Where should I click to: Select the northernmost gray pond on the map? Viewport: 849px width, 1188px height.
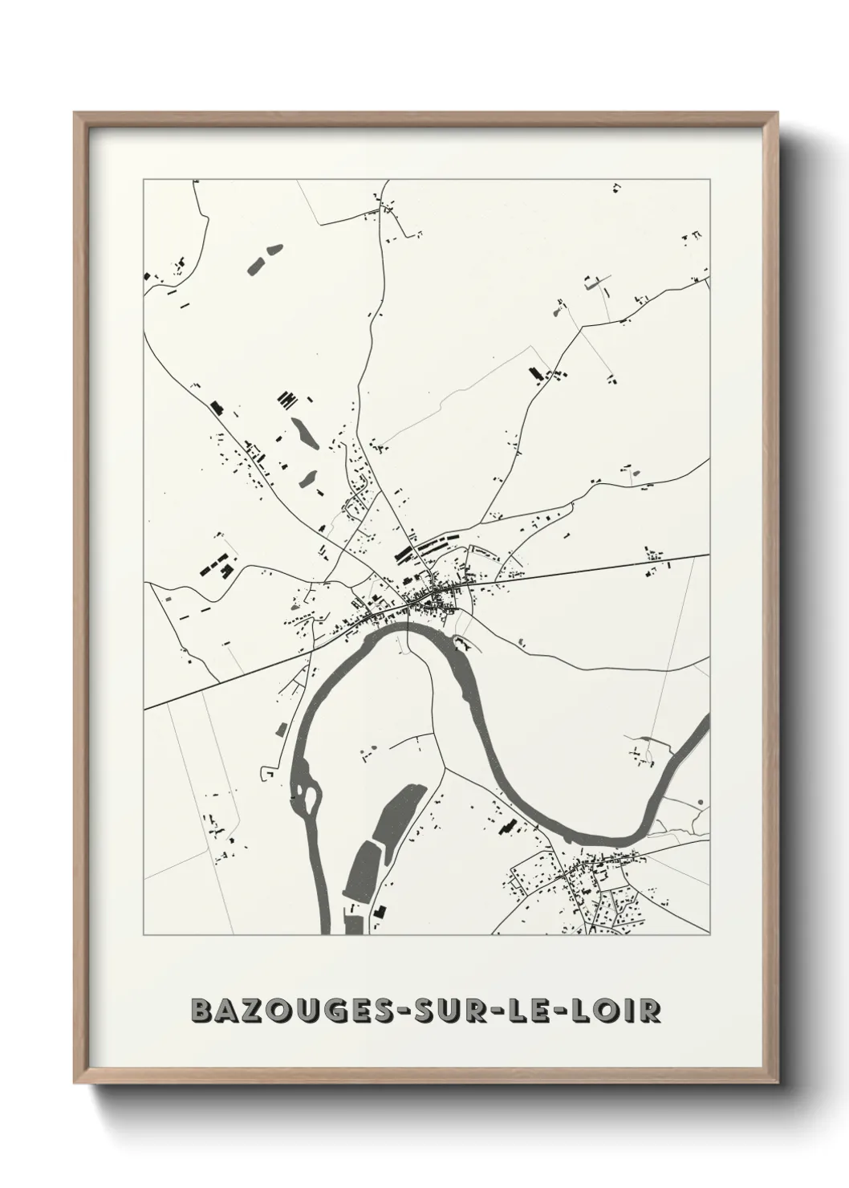[x=262, y=260]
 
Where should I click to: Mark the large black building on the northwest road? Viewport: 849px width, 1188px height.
[x=215, y=407]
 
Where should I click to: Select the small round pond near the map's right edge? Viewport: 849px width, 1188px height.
[x=701, y=802]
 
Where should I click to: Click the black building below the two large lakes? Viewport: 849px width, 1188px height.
[x=380, y=912]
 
